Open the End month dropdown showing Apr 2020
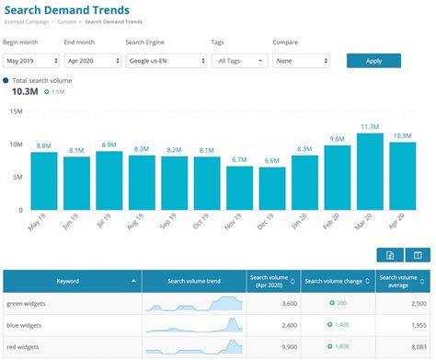(91, 61)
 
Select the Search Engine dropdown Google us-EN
(165, 61)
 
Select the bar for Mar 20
(369, 171)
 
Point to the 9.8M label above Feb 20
(337, 139)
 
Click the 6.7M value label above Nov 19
(239, 159)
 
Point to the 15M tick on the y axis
(16, 111)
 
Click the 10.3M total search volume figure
(24, 93)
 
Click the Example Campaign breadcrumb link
(28, 21)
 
